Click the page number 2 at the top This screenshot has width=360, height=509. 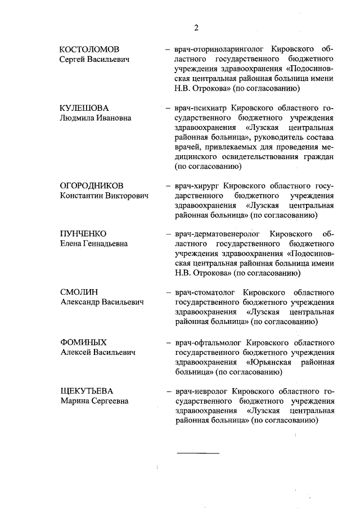pyautogui.click(x=196, y=28)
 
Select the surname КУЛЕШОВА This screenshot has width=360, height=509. pyautogui.click(x=84, y=108)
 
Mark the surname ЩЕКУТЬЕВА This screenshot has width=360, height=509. pyautogui.click(x=88, y=391)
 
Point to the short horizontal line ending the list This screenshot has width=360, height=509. pyautogui.click(x=199, y=452)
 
